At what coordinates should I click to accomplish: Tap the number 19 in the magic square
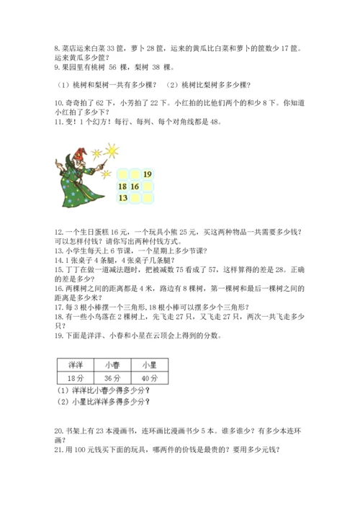[147, 174]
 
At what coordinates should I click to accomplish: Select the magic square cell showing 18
[122, 186]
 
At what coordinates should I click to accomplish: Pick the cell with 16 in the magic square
[135, 186]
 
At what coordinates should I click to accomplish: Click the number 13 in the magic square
[122, 197]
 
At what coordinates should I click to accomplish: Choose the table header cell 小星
[149, 364]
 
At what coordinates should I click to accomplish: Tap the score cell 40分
[149, 378]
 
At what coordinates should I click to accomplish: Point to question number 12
[58, 231]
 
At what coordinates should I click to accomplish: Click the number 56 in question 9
[113, 68]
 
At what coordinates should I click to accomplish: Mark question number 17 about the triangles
[58, 306]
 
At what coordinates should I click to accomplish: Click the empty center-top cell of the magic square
[135, 174]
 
